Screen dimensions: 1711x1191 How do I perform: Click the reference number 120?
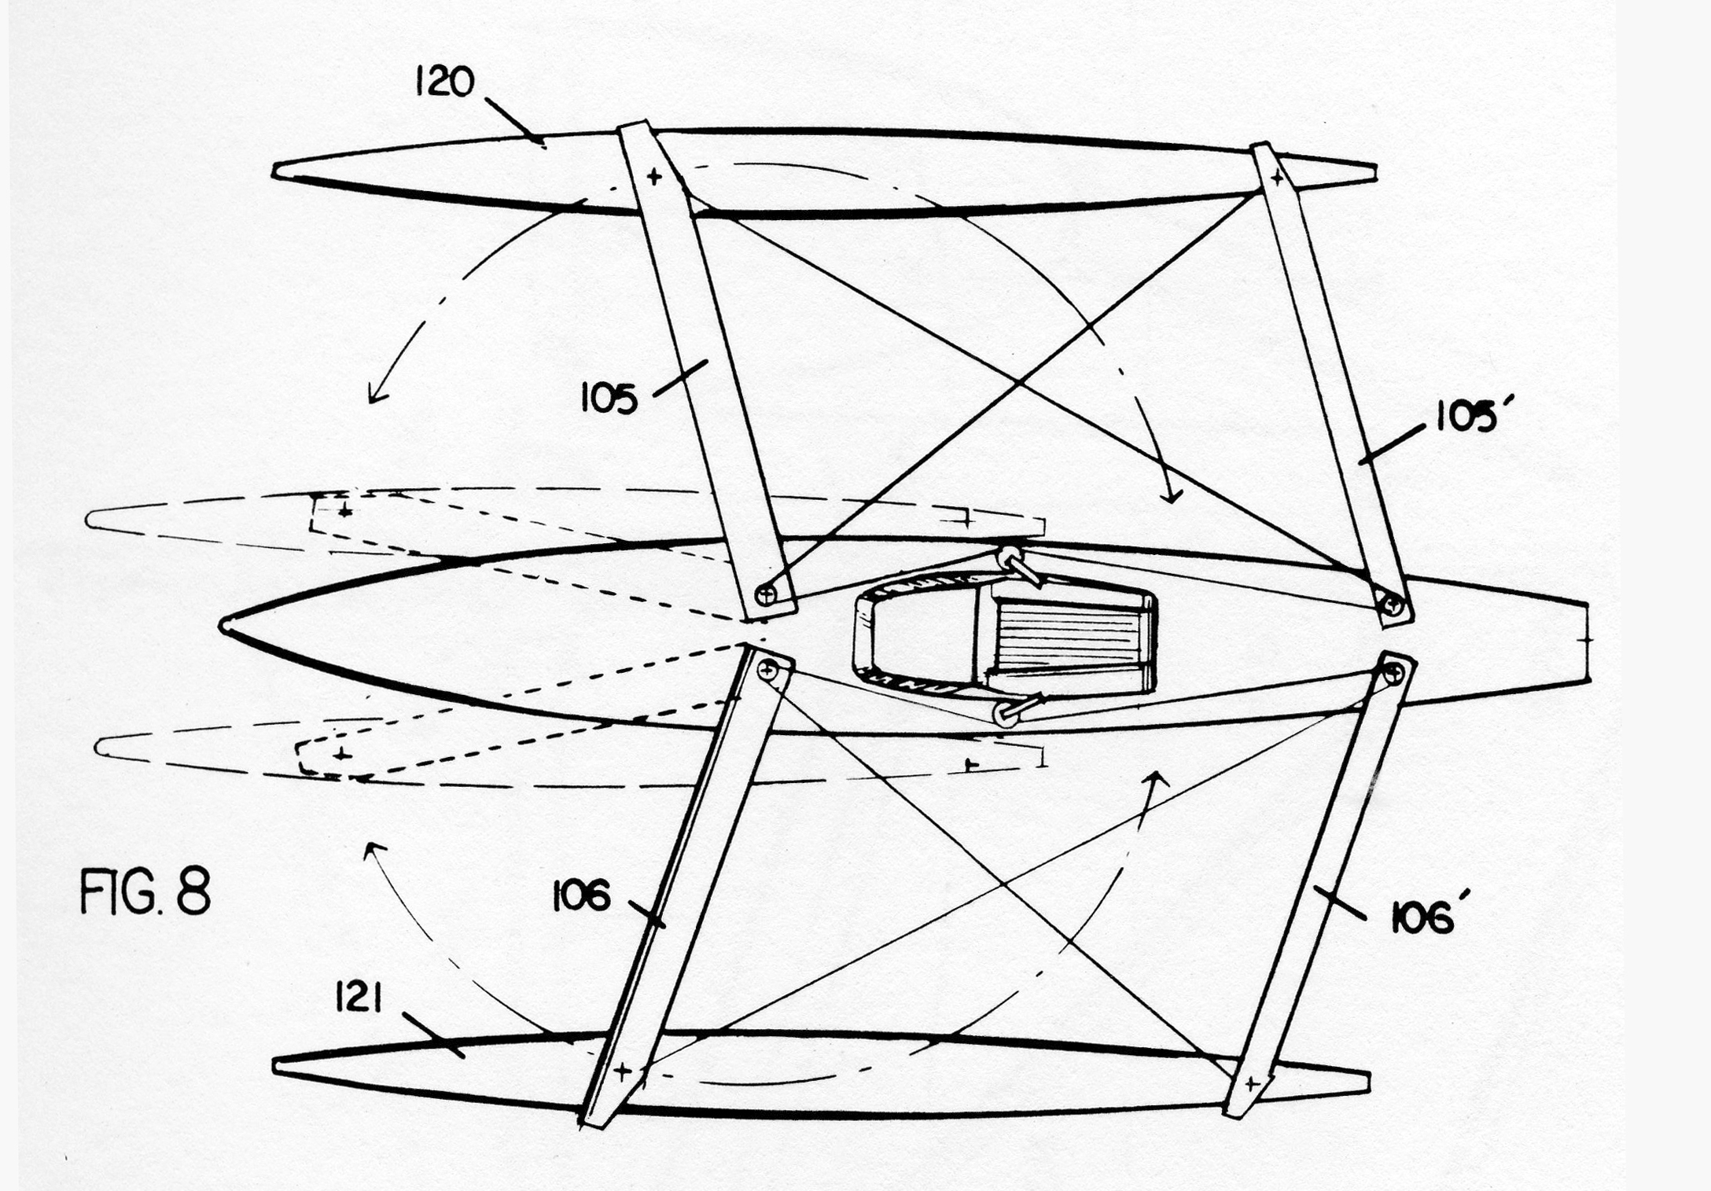point(445,83)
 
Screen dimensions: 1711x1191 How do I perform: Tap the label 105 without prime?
point(609,399)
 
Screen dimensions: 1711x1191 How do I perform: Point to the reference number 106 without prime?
point(581,896)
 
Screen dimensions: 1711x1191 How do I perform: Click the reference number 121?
point(359,1000)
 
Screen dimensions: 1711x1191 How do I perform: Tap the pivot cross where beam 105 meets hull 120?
point(654,177)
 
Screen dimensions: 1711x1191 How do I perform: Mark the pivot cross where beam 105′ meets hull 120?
point(1277,178)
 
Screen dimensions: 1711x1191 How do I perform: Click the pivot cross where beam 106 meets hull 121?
point(622,1071)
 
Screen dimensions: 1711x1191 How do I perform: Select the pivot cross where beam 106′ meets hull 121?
point(1253,1084)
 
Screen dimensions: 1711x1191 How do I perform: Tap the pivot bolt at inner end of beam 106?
point(767,669)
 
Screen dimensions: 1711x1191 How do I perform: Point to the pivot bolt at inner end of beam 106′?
point(1393,671)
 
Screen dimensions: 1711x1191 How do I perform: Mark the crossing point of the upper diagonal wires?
point(1019,383)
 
